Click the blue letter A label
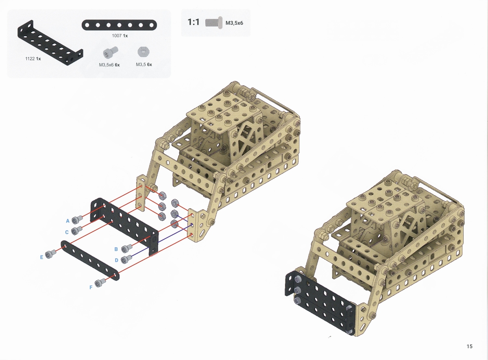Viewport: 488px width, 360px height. point(68,221)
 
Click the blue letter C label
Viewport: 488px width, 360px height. point(67,232)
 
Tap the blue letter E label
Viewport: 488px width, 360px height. point(41,257)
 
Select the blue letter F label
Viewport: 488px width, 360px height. point(91,288)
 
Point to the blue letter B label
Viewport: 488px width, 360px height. point(116,249)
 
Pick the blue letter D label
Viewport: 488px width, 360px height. point(116,260)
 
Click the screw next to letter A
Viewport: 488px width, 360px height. point(77,219)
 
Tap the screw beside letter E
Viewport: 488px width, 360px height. point(51,254)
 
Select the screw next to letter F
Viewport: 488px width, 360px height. point(100,283)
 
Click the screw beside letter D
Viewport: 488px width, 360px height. point(126,259)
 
